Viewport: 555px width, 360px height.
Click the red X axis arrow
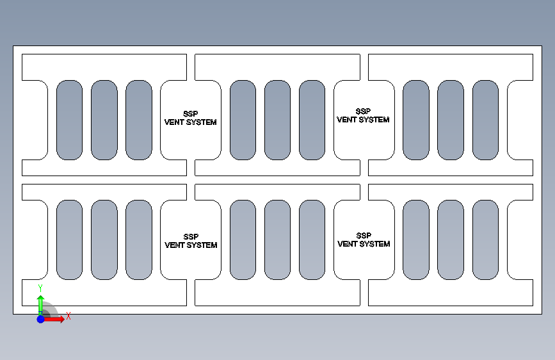pyautogui.click(x=56, y=318)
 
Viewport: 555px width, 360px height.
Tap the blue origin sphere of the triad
pyautogui.click(x=40, y=318)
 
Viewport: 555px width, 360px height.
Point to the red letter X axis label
pyautogui.click(x=68, y=316)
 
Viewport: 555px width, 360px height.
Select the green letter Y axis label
pyautogui.click(x=40, y=288)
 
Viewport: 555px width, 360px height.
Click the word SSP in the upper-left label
pyautogui.click(x=191, y=114)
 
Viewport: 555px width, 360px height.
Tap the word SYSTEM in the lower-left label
pyautogui.click(x=202, y=245)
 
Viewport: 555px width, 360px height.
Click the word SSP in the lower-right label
pyautogui.click(x=364, y=236)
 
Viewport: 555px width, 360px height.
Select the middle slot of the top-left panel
pyautogui.click(x=104, y=120)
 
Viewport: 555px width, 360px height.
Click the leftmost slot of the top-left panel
pyautogui.click(x=69, y=120)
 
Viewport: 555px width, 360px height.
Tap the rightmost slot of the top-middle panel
pyautogui.click(x=312, y=120)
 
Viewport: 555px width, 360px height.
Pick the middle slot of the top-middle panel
pyautogui.click(x=277, y=120)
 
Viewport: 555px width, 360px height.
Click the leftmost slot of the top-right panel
pyautogui.click(x=415, y=120)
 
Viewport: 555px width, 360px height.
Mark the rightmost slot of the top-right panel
pyautogui.click(x=485, y=120)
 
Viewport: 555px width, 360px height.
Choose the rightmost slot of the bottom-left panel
pyautogui.click(x=138, y=240)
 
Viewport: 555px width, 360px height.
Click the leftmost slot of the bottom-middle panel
pyautogui.click(x=243, y=240)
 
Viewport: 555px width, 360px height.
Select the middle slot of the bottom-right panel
pyautogui.click(x=450, y=240)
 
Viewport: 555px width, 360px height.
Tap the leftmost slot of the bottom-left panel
pyautogui.click(x=69, y=240)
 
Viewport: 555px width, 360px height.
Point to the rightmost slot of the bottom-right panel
pyautogui.click(x=485, y=240)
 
